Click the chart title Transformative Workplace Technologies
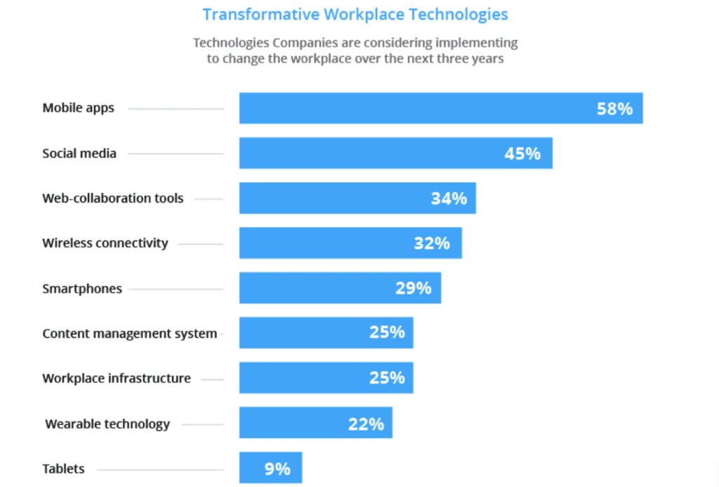coord(355,14)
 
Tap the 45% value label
coord(522,153)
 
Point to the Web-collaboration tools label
coord(112,198)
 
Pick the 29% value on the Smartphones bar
coord(413,288)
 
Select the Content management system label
coord(129,333)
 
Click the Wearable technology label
coord(107,424)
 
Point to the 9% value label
coord(277,469)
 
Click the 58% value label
coord(614,109)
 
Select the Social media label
coord(79,153)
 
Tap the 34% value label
coord(449,198)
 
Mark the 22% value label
coord(366,424)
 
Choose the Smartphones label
coord(82,288)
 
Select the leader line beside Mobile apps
coord(176,109)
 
